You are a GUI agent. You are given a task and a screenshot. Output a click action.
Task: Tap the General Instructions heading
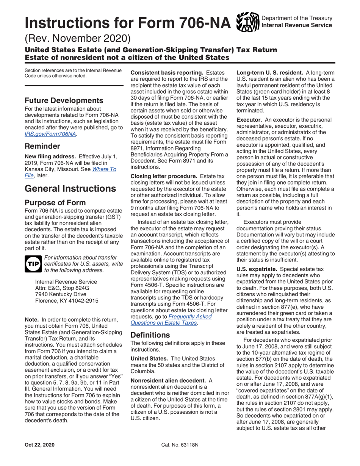point(70,188)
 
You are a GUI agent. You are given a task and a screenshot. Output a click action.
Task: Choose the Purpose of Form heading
point(55,202)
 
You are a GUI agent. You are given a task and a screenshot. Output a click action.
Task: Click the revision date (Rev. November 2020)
point(78,38)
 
